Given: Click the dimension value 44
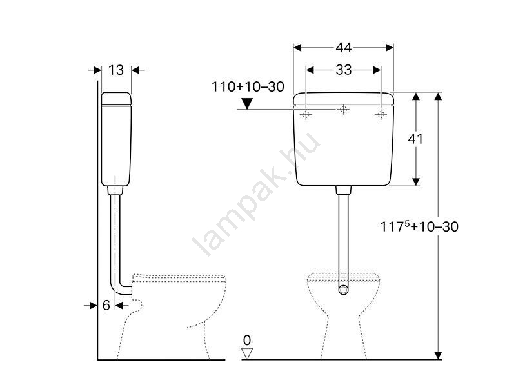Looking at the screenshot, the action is [344, 48].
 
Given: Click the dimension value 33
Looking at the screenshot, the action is [344, 70].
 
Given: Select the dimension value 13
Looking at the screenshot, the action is [116, 70].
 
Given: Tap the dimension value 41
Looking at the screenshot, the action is [415, 139].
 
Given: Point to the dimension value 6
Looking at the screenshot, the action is [106, 305].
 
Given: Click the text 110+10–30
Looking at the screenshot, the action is [248, 87].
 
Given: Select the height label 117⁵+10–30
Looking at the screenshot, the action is [419, 226].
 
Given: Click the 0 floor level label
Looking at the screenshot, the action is [247, 341].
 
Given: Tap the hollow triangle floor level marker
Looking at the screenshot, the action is [247, 353].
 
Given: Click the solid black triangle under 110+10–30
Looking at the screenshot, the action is [247, 103].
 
